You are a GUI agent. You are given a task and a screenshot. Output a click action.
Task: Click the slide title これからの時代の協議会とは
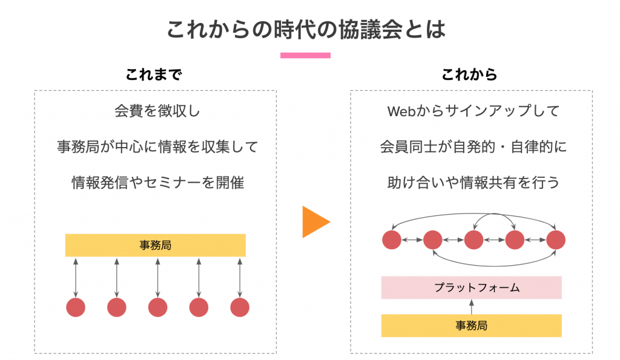tap(306, 30)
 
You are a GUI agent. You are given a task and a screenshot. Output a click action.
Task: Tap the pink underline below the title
tap(305, 55)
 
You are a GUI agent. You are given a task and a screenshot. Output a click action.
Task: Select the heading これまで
tap(154, 74)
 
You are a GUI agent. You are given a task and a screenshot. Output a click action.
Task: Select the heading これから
tap(469, 74)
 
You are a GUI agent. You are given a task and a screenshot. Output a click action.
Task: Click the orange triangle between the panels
tap(314, 221)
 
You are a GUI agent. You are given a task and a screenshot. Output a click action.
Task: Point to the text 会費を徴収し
tap(157, 111)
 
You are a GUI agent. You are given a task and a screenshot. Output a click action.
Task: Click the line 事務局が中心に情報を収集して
tap(157, 146)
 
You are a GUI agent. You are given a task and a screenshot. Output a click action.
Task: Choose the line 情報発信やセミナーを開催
tap(157, 183)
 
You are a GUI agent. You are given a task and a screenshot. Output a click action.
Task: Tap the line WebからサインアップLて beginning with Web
tap(473, 111)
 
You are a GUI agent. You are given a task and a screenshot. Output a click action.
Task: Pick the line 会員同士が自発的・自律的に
tap(473, 146)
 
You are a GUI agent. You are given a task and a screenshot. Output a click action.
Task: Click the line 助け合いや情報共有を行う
tap(473, 183)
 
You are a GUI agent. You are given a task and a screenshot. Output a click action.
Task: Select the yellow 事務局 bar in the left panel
tap(156, 246)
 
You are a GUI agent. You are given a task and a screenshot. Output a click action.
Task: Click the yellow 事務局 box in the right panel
tap(471, 326)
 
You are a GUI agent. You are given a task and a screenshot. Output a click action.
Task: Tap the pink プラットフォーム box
tap(471, 287)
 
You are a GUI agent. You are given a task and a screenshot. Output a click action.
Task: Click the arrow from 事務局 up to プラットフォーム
tap(471, 307)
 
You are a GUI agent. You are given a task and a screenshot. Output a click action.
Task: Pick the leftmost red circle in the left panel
tap(76, 307)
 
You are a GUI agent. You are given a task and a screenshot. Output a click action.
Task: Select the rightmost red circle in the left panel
tap(240, 307)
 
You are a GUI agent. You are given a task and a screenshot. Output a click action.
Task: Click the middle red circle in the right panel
tap(473, 240)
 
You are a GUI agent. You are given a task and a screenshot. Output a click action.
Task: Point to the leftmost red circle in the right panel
tap(392, 240)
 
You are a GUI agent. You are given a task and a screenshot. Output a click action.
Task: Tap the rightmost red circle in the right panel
tap(556, 240)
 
